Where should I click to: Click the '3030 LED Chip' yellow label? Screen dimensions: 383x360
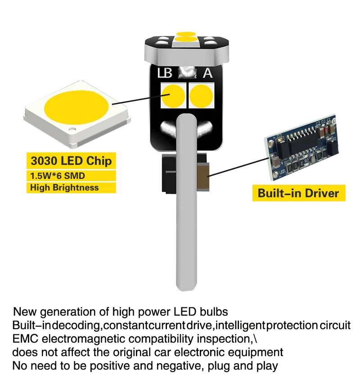(71, 160)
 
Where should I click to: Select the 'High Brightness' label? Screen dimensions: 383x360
(64, 187)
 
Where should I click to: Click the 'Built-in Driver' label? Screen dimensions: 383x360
(298, 193)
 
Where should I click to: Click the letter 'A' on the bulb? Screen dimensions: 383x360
(208, 73)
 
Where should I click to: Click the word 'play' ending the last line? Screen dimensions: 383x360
(267, 365)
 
